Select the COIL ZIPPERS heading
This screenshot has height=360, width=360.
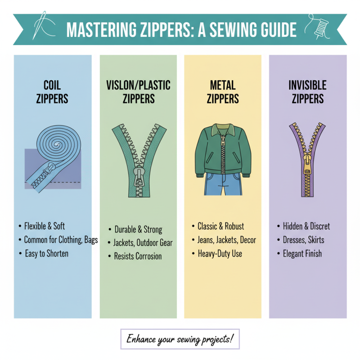tap(52, 92)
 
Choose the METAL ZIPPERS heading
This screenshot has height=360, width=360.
tap(222, 92)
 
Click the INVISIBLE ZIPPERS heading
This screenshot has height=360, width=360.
tap(308, 92)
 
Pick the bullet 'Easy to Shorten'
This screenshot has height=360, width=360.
tap(46, 253)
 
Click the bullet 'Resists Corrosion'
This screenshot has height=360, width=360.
tap(138, 256)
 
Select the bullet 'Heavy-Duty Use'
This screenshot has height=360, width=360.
tap(220, 253)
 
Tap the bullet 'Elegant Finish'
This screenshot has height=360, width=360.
tap(302, 253)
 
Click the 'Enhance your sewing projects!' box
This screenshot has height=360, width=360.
tap(180, 338)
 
